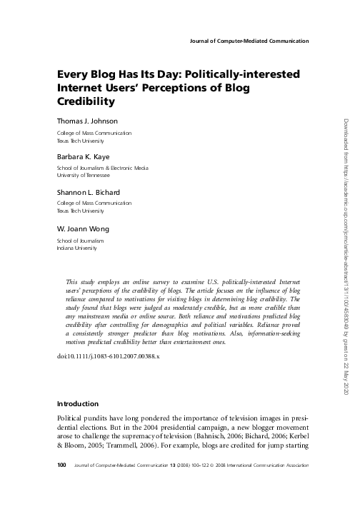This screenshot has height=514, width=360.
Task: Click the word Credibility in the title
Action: tap(87, 102)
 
